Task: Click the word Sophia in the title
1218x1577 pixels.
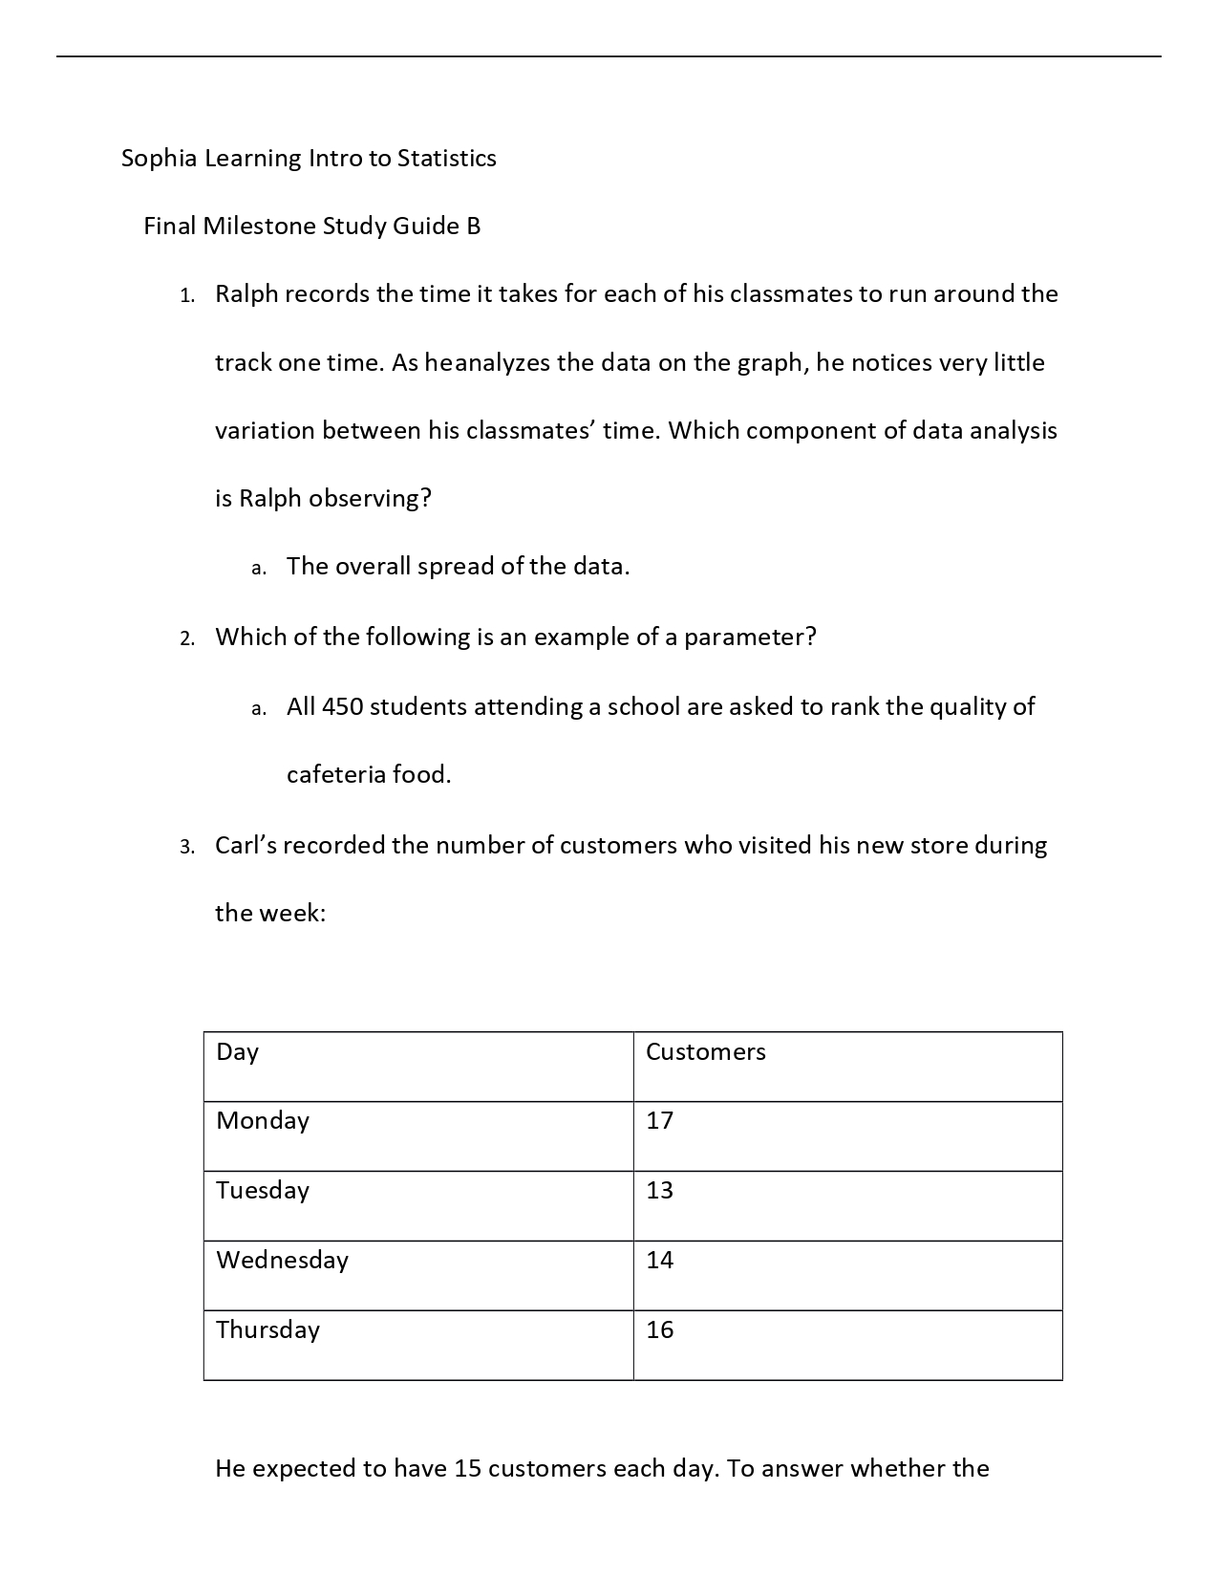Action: (x=158, y=158)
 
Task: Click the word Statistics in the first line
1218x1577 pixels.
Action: (x=446, y=158)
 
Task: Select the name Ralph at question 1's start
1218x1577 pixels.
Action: (x=246, y=293)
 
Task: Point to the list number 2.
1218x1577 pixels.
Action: (x=186, y=638)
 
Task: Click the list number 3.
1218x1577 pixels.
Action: (x=186, y=847)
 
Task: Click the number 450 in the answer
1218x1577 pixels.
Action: (x=342, y=707)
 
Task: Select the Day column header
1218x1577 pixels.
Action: (x=237, y=1052)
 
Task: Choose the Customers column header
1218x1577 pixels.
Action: (x=705, y=1052)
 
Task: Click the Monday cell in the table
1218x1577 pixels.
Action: (x=263, y=1121)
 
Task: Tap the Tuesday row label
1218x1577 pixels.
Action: (x=263, y=1191)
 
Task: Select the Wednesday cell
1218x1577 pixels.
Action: (x=282, y=1261)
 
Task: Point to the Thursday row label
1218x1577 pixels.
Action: (x=267, y=1330)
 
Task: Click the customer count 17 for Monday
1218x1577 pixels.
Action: (x=659, y=1121)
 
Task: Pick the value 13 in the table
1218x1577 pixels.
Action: (x=659, y=1191)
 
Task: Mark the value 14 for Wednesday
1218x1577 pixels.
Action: (x=659, y=1261)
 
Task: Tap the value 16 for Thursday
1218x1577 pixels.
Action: (x=659, y=1330)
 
